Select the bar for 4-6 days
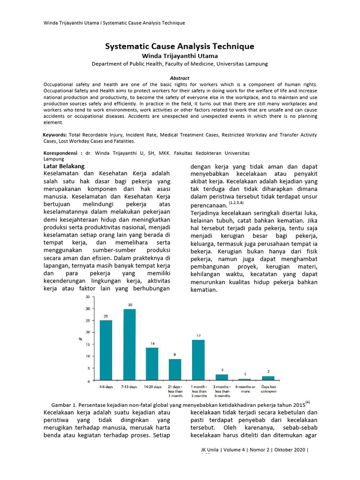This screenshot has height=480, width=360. [106, 350]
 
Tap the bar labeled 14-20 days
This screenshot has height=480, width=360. [152, 364]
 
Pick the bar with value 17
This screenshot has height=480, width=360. [198, 360]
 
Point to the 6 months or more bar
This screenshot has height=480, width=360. [245, 379]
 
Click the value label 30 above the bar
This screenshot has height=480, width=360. [130, 305]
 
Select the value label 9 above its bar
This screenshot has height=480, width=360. [175, 355]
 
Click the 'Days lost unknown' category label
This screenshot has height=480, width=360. [268, 389]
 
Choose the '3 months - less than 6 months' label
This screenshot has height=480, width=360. [221, 391]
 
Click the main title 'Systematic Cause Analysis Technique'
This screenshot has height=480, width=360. [180, 46]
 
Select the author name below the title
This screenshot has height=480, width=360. [180, 56]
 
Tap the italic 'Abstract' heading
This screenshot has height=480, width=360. [180, 78]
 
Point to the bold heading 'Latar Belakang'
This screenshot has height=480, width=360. [64, 166]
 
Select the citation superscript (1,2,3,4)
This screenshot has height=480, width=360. [236, 202]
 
